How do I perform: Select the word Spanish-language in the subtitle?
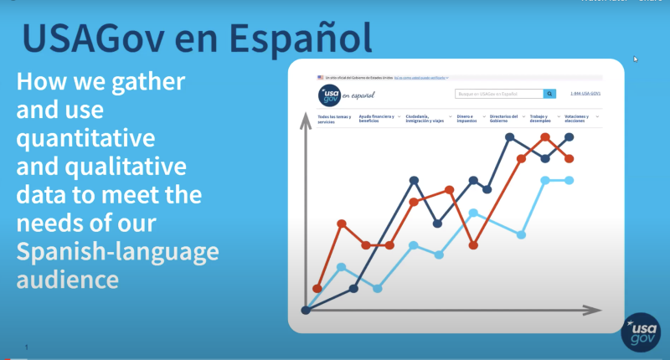tap(118, 251)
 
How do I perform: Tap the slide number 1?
tap(27, 347)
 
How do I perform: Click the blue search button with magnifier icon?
tap(549, 94)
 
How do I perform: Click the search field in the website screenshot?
tap(498, 94)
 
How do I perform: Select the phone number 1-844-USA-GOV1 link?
tap(585, 94)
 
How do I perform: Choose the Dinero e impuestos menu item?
tap(466, 119)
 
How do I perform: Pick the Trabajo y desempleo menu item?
tap(545, 119)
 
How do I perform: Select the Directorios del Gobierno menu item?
tap(505, 119)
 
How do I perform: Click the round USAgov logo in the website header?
tap(329, 94)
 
